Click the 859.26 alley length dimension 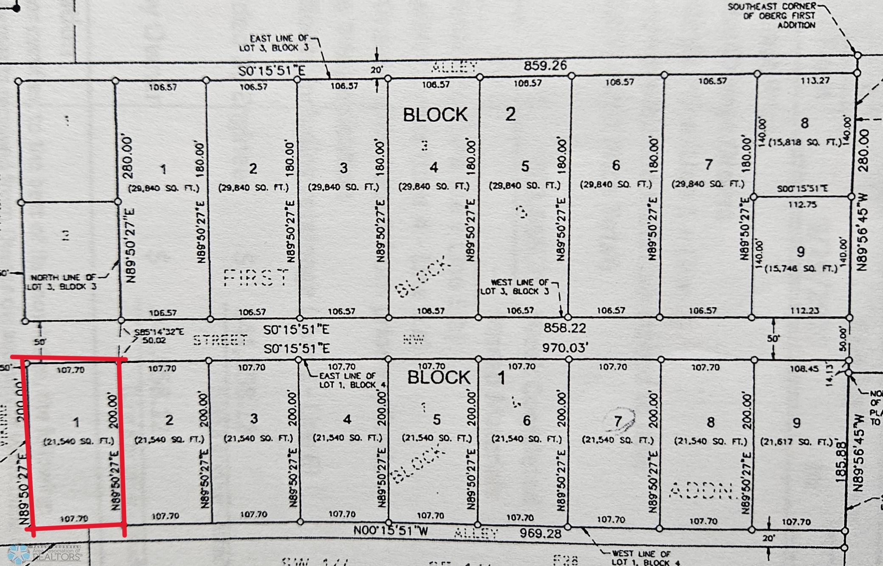point(545,65)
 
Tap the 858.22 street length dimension point(565,328)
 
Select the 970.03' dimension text point(565,348)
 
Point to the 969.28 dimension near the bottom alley point(540,533)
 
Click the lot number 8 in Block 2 point(804,123)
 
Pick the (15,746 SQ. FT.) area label point(801,268)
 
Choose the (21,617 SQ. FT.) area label point(796,442)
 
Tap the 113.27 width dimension point(815,81)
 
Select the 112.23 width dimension point(804,310)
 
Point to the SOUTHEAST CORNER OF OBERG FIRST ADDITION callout point(772,16)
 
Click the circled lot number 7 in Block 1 point(618,421)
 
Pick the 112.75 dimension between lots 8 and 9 point(802,204)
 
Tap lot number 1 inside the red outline point(76,422)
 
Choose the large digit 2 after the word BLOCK point(510,114)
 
